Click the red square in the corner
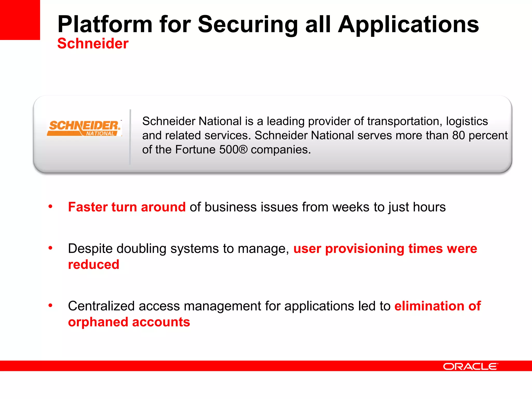(x=20, y=20)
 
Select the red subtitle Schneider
(x=93, y=43)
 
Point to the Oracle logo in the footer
(x=470, y=367)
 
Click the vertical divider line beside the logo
(x=130, y=137)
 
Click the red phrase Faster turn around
(x=127, y=207)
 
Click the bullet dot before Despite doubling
(x=50, y=248)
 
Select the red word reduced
(x=94, y=264)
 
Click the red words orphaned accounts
(x=129, y=322)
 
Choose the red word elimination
(x=429, y=306)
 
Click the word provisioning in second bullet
(x=364, y=249)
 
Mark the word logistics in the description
(x=467, y=121)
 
